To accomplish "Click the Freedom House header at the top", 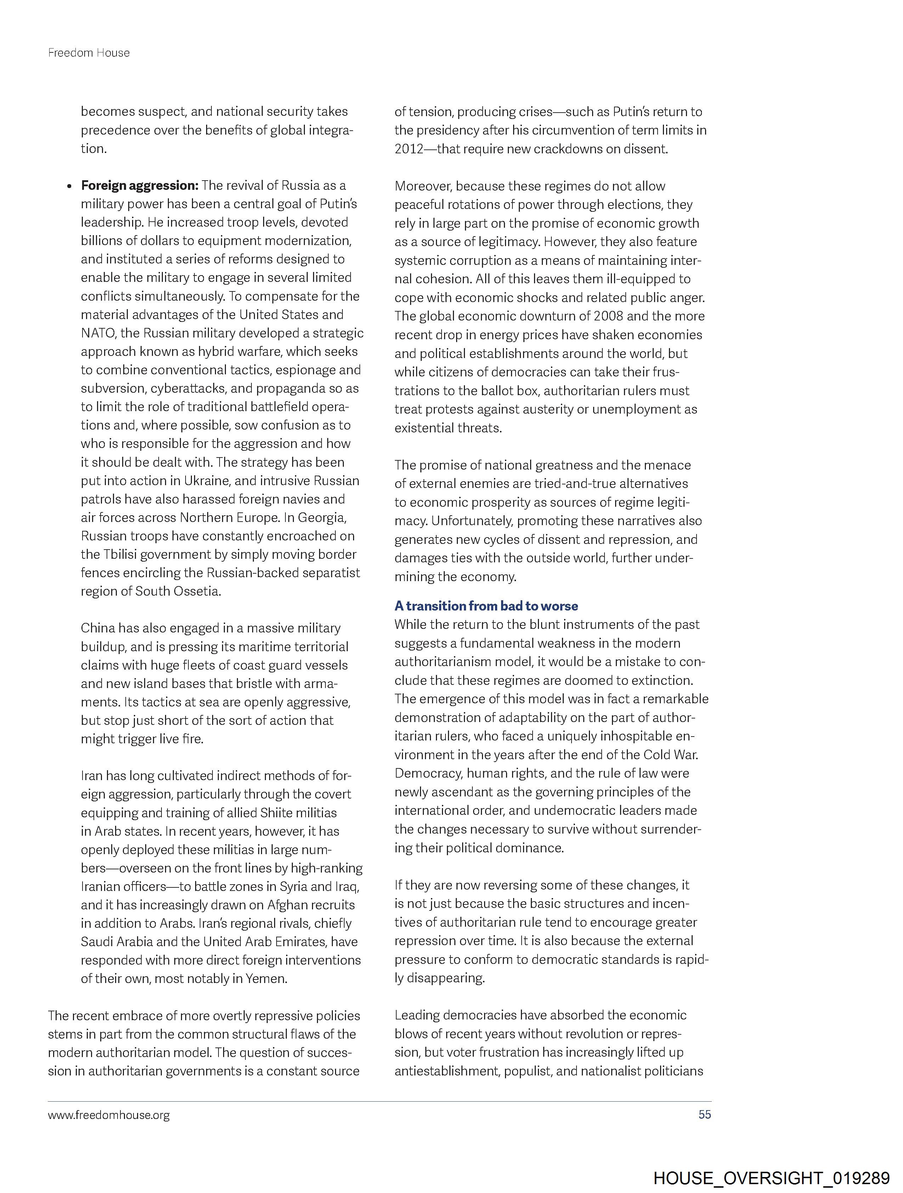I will (89, 53).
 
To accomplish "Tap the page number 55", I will (704, 1114).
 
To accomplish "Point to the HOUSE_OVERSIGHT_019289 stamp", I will (771, 1178).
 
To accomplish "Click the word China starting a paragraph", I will (98, 628).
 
